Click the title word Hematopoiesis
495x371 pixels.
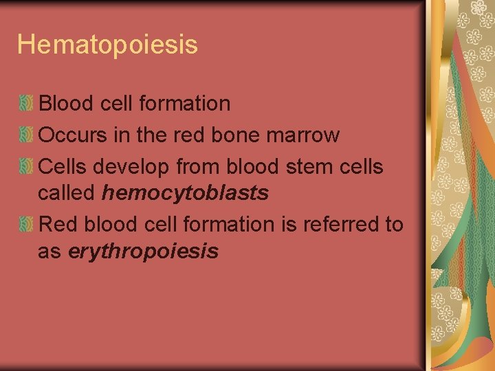[107, 45]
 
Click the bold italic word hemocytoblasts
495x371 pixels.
[185, 194]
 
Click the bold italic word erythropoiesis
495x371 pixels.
[143, 251]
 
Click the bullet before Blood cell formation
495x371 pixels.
[26, 104]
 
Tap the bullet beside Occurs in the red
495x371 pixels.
[26, 135]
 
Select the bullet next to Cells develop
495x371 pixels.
[26, 166]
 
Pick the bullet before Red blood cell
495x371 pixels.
[26, 224]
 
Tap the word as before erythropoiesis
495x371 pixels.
[49, 251]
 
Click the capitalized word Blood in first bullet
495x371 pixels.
[66, 104]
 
